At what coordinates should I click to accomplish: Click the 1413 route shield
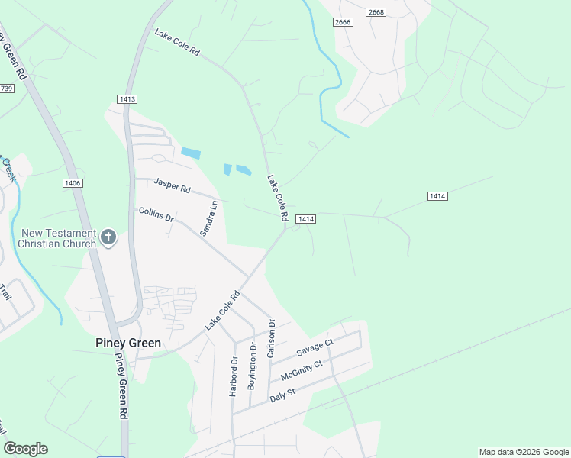[x=127, y=99]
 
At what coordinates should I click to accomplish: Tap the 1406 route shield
[x=73, y=183]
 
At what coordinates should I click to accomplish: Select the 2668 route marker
[x=376, y=11]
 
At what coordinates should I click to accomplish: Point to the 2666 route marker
[x=343, y=22]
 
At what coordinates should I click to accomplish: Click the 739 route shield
[x=6, y=89]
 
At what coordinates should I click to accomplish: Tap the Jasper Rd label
[x=172, y=184]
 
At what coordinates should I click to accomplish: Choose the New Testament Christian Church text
[x=59, y=238]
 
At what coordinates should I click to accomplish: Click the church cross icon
[x=108, y=238]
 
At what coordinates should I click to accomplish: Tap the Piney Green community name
[x=128, y=343]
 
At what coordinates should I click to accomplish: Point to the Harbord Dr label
[x=234, y=376]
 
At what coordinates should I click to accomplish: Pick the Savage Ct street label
[x=315, y=347]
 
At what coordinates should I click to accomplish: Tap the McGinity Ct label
[x=302, y=370]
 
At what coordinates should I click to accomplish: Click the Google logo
[x=25, y=449]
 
